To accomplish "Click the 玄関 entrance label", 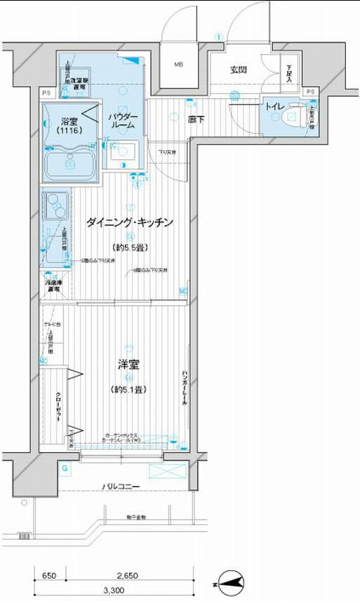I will pos(238,70).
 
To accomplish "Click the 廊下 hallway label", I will pos(196,120).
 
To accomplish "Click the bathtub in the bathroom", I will pos(71,163).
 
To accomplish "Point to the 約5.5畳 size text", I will pos(129,248).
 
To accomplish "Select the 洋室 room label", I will pos(129,365).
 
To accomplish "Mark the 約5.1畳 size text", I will pos(129,390).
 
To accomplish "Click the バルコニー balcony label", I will pos(121,487).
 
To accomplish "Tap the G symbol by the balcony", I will pos(65,468).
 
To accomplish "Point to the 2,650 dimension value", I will pos(128,575).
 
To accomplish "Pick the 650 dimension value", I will pos(48,575).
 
